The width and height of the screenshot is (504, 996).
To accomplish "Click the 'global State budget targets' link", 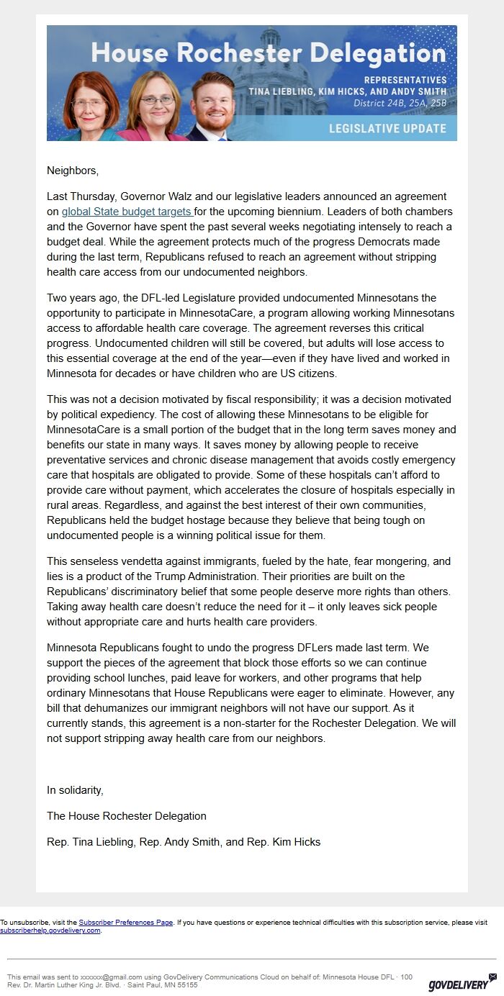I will tap(127, 212).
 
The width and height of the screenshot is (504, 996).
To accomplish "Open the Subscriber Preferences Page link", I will tap(125, 922).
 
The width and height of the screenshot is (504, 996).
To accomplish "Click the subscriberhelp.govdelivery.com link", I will tap(50, 931).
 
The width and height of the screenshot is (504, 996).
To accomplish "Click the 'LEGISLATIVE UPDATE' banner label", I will tap(387, 129).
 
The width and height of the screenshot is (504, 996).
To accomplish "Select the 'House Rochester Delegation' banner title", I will tap(268, 53).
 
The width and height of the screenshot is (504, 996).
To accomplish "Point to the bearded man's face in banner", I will tap(214, 102).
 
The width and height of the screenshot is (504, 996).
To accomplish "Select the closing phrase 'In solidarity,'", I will tap(75, 790).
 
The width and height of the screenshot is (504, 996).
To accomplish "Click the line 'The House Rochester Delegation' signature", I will tap(127, 816).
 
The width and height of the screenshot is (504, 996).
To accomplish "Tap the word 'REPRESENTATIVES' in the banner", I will tap(405, 80).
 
